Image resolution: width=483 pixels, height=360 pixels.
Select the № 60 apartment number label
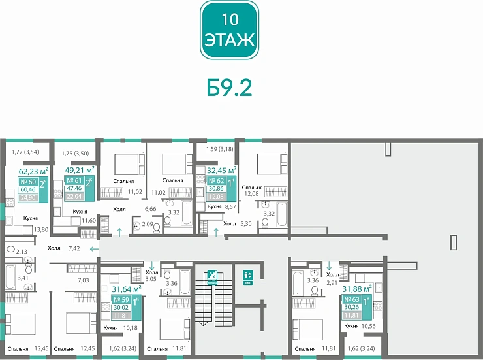pyautogui.click(x=27, y=182)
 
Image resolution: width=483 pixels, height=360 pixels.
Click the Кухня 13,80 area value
pyautogui.click(x=41, y=229)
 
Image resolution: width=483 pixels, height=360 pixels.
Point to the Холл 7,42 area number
pyautogui.click(x=74, y=249)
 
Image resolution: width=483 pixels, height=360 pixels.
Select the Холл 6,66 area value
pyautogui.click(x=149, y=209)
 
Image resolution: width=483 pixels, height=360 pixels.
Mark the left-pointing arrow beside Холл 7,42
pyautogui.click(x=94, y=249)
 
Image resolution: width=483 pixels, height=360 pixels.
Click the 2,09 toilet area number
pyautogui.click(x=148, y=225)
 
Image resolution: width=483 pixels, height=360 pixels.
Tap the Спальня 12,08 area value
pyautogui.click(x=253, y=193)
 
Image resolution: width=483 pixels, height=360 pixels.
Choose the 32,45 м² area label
pyautogui.click(x=221, y=169)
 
